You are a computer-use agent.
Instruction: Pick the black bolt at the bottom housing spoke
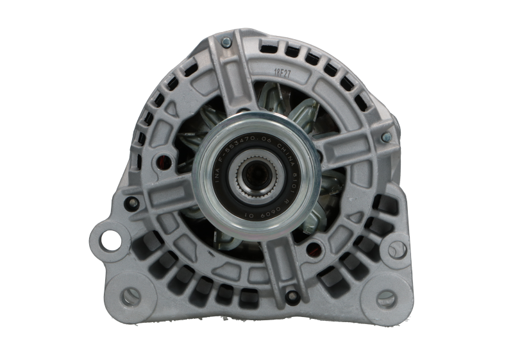(x=292, y=295)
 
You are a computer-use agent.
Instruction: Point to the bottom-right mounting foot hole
(x=386, y=297)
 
